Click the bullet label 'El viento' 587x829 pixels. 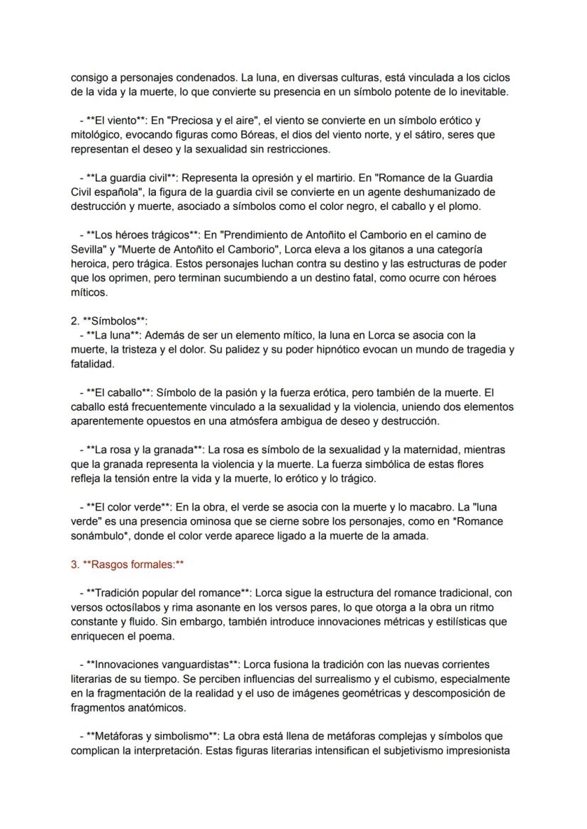tap(116, 121)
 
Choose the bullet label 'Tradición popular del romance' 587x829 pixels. tap(167, 593)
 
